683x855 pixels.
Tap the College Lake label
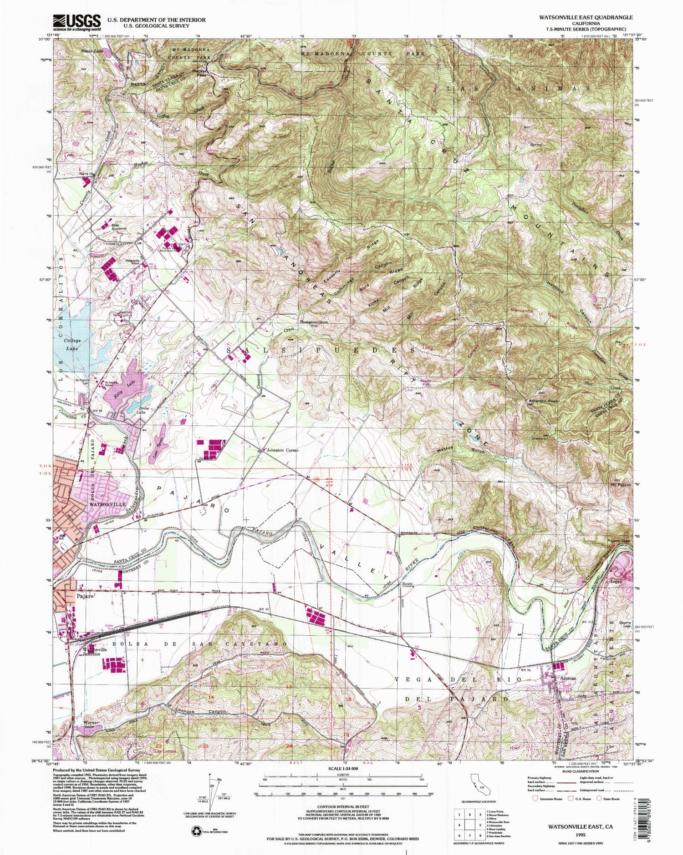pos(72,344)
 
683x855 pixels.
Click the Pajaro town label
pos(85,596)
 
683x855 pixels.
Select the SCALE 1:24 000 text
pos(341,768)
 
